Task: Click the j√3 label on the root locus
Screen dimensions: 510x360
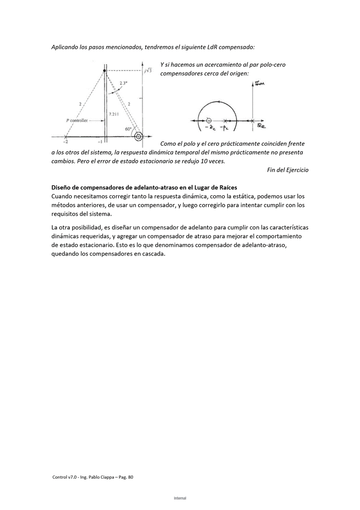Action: (148, 71)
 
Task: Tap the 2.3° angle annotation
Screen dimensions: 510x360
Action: (123, 83)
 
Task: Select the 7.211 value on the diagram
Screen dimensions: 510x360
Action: (114, 114)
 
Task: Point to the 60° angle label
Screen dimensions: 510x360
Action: (128, 129)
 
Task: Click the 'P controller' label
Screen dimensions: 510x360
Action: (77, 121)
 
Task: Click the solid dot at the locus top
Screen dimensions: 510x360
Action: (105, 71)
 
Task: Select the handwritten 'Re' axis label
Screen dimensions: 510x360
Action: (261, 125)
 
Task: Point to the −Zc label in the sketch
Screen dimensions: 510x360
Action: (210, 129)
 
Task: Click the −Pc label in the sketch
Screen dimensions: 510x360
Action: (225, 129)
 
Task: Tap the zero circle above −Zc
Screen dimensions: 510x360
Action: (209, 120)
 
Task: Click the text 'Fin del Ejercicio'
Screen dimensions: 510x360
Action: (287, 170)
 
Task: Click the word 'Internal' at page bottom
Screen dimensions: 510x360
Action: (180, 498)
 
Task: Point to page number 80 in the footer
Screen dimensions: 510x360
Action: (130, 477)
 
